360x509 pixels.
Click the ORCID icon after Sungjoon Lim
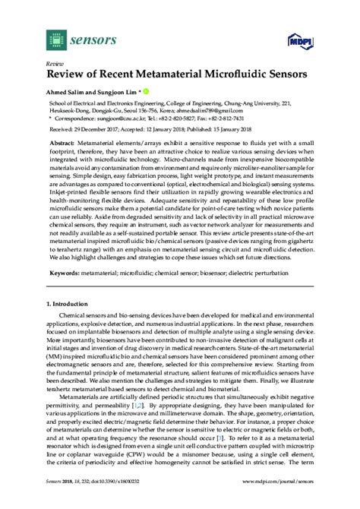click(146, 93)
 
